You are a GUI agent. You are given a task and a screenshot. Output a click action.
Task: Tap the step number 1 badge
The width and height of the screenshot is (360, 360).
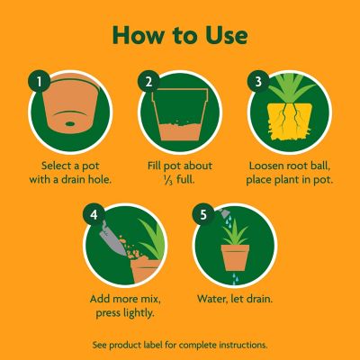pos(38,82)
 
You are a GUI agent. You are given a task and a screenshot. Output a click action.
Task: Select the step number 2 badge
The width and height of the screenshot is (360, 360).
pos(149,82)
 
